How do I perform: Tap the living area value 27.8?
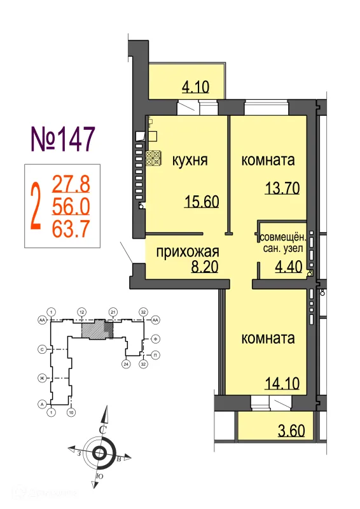tap(71, 185)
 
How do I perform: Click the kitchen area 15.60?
tap(201, 202)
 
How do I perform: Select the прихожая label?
tap(188, 251)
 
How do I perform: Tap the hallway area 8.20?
tap(205, 267)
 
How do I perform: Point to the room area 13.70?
tap(282, 188)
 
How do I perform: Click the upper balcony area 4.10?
tap(196, 87)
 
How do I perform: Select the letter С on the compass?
tap(102, 430)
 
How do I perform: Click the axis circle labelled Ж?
tap(42, 379)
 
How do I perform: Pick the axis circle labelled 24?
tap(126, 365)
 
